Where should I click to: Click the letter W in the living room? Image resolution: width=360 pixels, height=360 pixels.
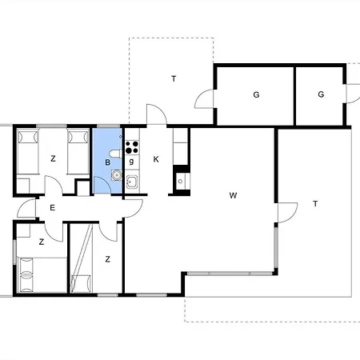[233, 194]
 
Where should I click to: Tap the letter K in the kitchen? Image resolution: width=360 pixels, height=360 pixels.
[156, 159]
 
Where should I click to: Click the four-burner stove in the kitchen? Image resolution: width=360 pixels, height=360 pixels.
[131, 146]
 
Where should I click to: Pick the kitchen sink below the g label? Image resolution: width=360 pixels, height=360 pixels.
[132, 181]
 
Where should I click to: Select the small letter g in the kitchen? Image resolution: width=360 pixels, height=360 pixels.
[131, 162]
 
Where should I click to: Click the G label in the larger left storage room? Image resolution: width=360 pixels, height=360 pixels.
[256, 94]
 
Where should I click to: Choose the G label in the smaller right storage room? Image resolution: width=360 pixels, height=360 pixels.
[320, 94]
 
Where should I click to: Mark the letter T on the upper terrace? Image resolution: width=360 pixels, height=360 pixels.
[173, 78]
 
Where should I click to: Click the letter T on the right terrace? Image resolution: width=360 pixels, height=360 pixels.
[315, 204]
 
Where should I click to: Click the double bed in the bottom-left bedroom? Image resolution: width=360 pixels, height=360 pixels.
[35, 275]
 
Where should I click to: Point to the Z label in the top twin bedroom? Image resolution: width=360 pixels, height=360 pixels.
[53, 159]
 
